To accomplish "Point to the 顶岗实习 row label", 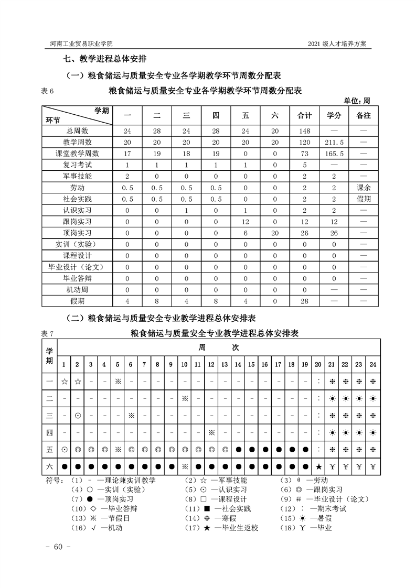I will (77, 233).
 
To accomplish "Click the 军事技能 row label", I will (77, 176).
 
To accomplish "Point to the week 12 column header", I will (211, 364).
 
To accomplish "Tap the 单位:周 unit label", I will (357, 100).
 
